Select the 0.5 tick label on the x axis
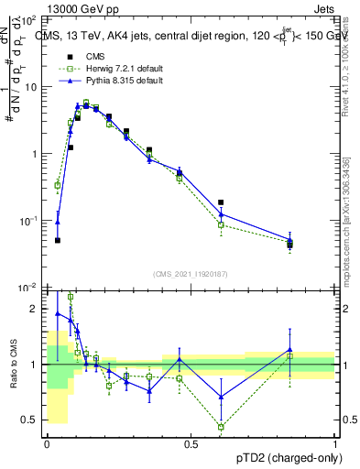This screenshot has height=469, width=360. click(x=191, y=444)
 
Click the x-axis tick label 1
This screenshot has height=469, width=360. click(x=334, y=444)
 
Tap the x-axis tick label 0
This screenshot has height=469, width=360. click(x=47, y=444)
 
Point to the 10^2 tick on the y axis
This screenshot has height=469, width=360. click(x=29, y=19)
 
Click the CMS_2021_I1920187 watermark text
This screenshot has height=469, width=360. click(x=191, y=273)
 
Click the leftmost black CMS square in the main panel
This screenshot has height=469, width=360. click(x=58, y=240)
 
